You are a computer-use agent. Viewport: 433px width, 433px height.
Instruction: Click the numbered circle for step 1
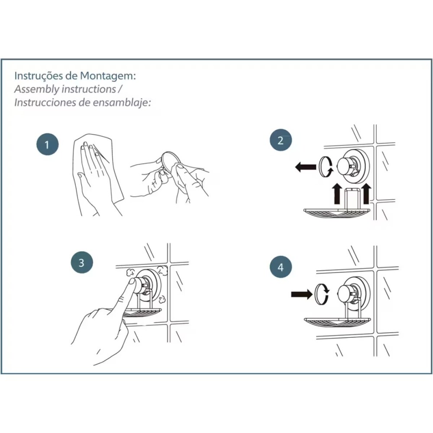coord(48,145)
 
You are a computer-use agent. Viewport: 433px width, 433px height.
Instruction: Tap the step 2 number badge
coord(281,140)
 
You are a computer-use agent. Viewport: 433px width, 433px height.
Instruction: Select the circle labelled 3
coord(82,262)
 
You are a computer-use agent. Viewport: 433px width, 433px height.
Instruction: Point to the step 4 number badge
coord(281,267)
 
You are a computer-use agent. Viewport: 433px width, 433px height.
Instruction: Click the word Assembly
coord(37,89)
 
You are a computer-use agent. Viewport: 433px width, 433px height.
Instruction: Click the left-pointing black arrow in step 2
coord(305,167)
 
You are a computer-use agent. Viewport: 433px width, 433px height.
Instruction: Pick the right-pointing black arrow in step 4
coord(301,294)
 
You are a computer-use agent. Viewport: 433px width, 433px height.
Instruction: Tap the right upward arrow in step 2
coord(366,194)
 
